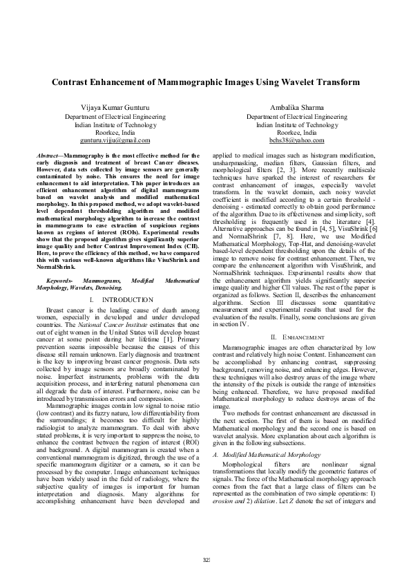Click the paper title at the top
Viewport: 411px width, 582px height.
coord(206,82)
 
